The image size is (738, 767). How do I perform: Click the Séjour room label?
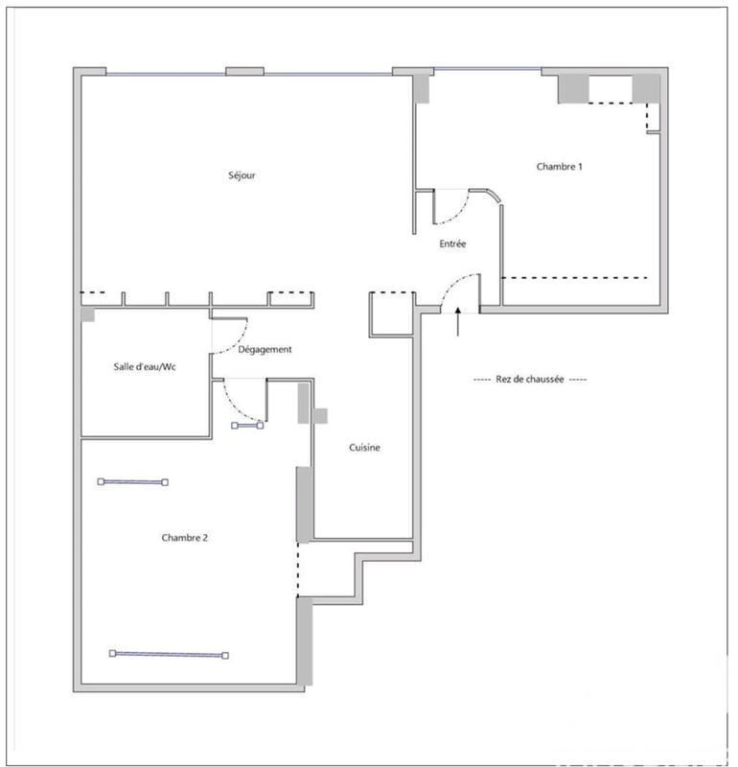[242, 175]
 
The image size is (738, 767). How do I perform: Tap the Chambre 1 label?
[559, 167]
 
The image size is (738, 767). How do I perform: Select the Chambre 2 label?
[185, 538]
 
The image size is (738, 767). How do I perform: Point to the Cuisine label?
[365, 448]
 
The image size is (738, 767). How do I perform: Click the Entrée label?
[452, 244]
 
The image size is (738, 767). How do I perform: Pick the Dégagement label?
[265, 350]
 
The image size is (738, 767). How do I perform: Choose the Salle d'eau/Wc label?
[145, 367]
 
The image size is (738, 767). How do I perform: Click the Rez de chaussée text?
[530, 380]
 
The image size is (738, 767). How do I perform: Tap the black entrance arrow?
[458, 322]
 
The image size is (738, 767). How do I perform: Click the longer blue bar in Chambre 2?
[170, 655]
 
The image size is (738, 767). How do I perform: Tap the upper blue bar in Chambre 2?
[132, 482]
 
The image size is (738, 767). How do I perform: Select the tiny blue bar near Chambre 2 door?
[247, 425]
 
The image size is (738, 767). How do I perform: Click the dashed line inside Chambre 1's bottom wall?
[574, 277]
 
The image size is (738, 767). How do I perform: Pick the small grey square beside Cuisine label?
[320, 416]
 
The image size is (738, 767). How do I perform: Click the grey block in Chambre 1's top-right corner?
[646, 87]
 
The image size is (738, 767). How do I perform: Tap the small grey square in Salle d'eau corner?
[87, 314]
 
